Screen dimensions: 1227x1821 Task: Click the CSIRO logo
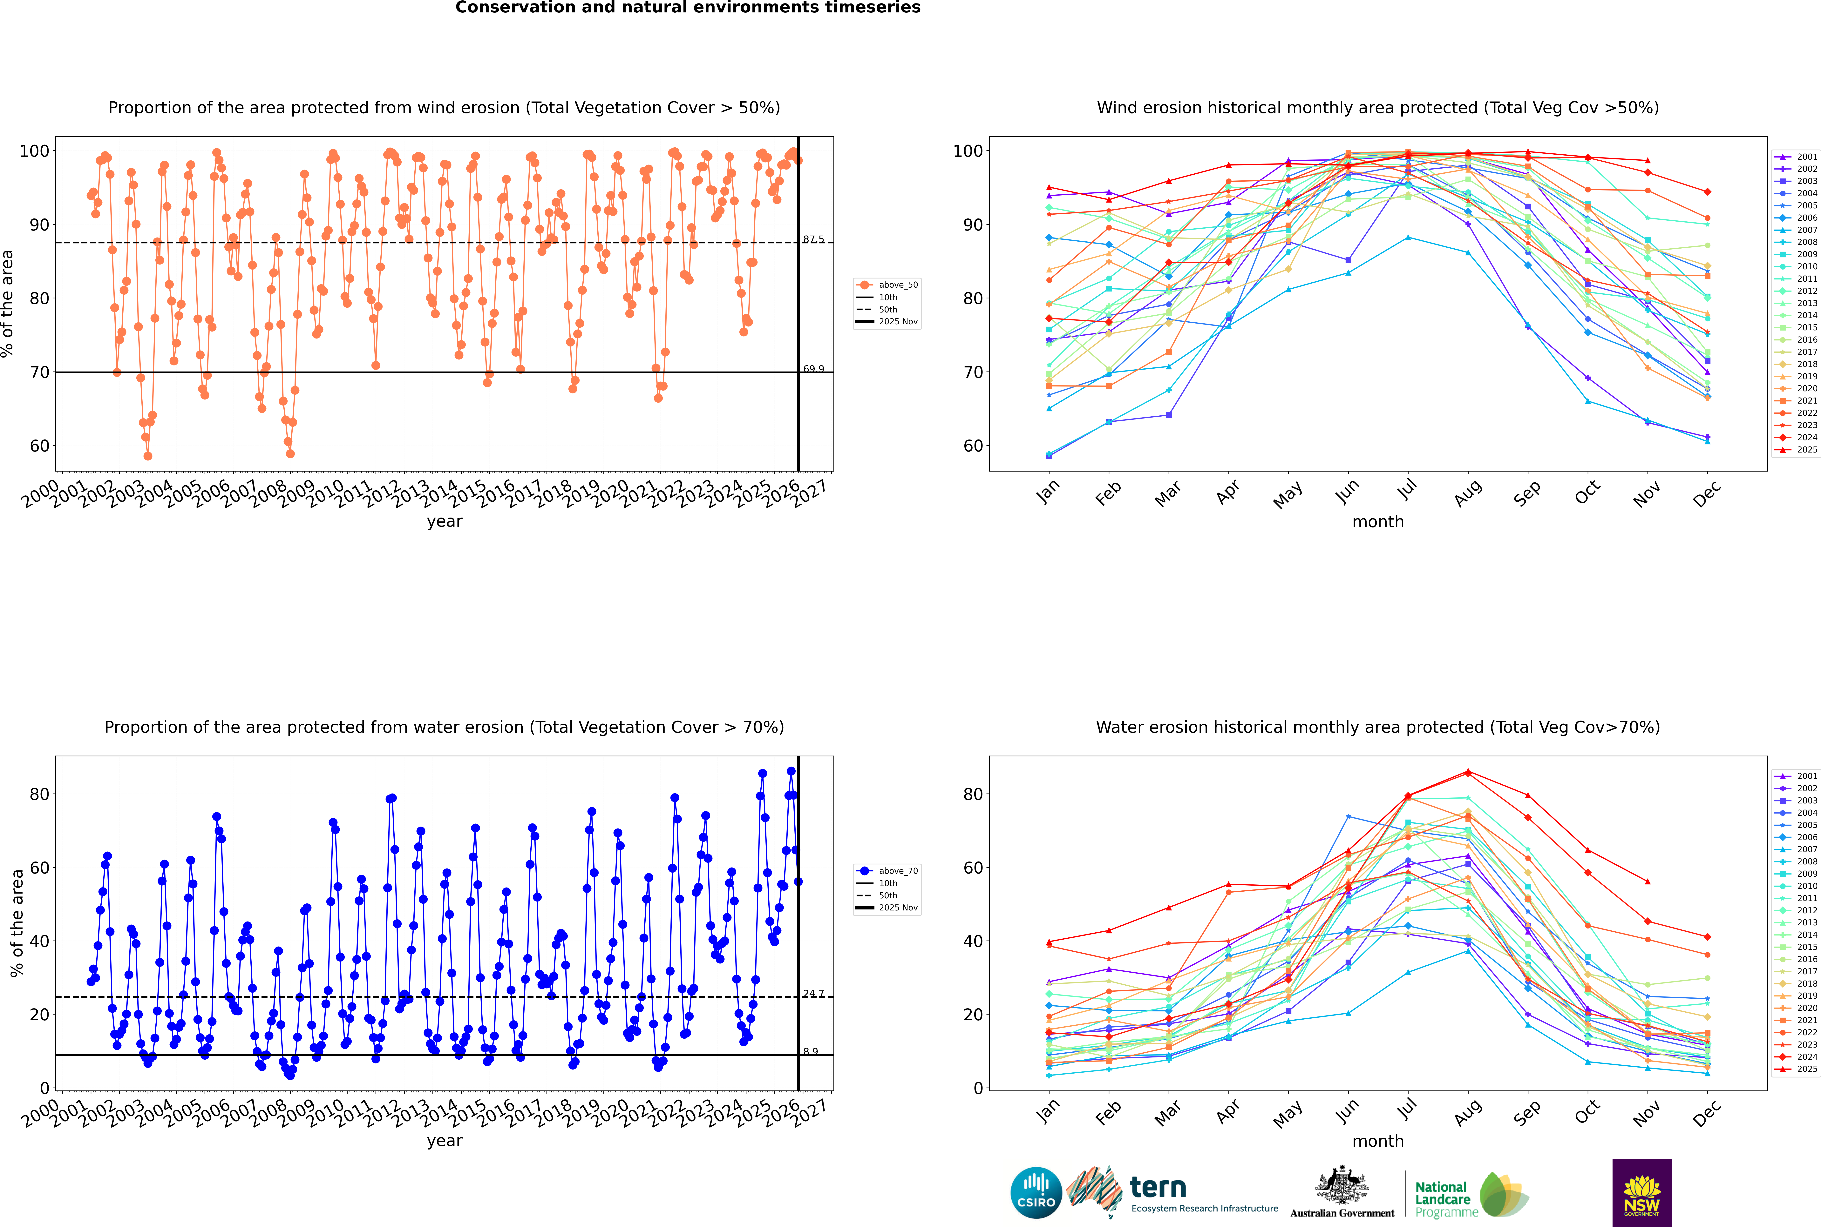click(x=1036, y=1193)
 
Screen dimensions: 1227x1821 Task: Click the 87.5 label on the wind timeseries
click(x=813, y=239)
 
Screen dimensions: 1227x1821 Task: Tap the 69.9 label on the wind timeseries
click(x=813, y=369)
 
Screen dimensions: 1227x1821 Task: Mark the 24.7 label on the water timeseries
click(x=813, y=994)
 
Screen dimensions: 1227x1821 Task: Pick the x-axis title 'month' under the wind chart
click(x=1378, y=522)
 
